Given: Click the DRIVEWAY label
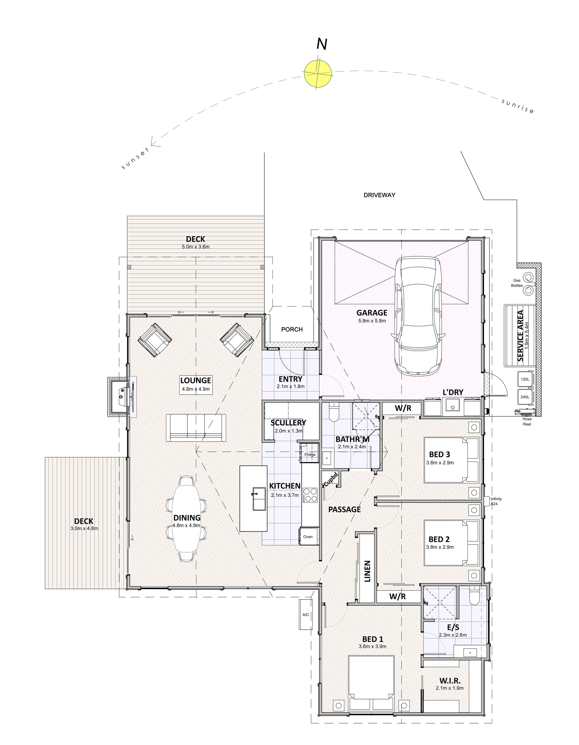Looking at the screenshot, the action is tap(379, 195).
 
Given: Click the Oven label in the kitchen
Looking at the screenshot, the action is tap(308, 537).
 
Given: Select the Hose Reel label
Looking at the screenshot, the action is tap(527, 422).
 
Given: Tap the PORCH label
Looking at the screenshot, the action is tap(292, 330).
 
